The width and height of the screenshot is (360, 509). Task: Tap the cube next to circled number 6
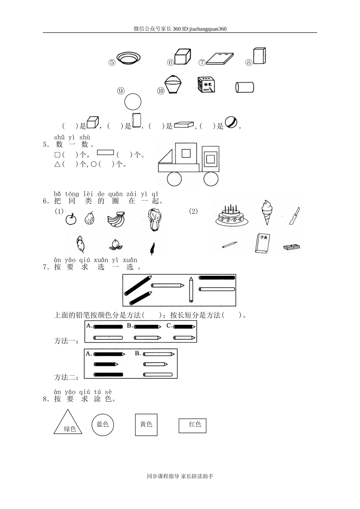click(182, 56)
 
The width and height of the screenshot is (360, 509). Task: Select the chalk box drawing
click(206, 84)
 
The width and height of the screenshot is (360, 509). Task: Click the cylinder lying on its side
click(244, 87)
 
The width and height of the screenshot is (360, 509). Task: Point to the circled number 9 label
click(121, 91)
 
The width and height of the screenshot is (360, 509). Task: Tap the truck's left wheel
click(174, 179)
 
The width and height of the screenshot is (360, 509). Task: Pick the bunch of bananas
click(116, 219)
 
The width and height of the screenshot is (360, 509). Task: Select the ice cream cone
click(267, 212)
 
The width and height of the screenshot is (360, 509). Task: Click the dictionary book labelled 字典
click(263, 243)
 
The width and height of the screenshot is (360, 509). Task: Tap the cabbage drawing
click(154, 220)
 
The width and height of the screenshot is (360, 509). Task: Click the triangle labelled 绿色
click(68, 422)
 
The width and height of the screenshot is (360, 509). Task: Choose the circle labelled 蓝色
click(103, 425)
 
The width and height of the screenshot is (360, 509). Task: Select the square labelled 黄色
click(146, 425)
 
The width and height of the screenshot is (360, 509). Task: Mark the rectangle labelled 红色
click(193, 426)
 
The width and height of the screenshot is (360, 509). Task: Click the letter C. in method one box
click(169, 326)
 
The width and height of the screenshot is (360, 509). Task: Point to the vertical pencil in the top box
click(191, 290)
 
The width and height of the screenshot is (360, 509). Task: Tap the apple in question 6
click(71, 219)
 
